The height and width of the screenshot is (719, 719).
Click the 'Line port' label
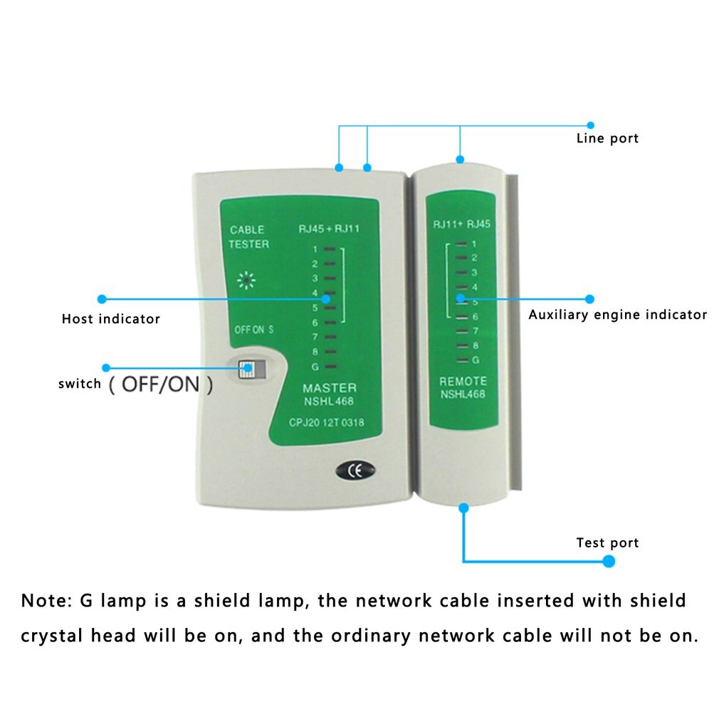[607, 138]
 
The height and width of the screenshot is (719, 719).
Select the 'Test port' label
[607, 543]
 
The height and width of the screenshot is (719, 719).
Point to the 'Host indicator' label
[111, 319]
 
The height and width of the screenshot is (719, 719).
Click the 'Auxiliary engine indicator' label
[617, 315]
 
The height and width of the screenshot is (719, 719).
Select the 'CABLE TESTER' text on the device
[248, 237]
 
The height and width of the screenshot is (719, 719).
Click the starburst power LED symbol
[247, 280]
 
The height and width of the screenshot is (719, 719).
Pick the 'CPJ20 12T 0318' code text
[326, 423]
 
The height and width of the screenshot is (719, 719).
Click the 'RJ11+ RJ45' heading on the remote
[462, 224]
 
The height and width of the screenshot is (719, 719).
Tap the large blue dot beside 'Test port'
[609, 561]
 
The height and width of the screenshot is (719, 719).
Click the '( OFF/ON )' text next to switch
[161, 385]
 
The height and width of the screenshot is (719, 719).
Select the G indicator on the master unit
[314, 367]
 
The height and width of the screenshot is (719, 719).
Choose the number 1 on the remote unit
[474, 243]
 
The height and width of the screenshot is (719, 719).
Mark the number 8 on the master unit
[314, 352]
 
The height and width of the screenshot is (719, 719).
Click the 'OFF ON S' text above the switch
[254, 330]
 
